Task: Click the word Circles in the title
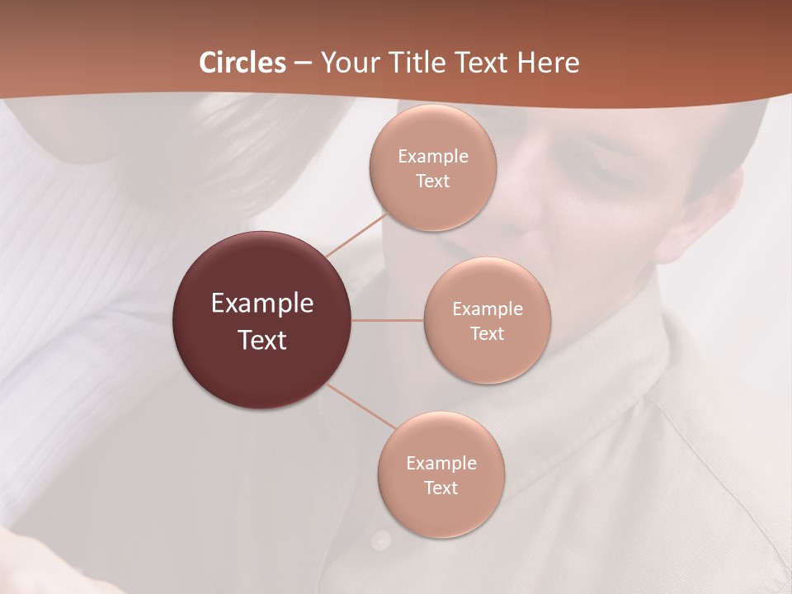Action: coord(243,63)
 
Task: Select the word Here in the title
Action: coord(549,63)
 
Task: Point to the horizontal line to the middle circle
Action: coord(388,320)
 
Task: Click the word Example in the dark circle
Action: coord(262,304)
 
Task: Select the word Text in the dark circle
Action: coord(262,340)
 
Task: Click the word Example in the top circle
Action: coord(432,157)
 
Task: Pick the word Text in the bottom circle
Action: coord(441,488)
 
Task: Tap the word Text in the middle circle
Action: coord(487,333)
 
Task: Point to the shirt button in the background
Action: coord(380,540)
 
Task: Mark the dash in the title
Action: coord(303,63)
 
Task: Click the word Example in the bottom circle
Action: coord(441,463)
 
